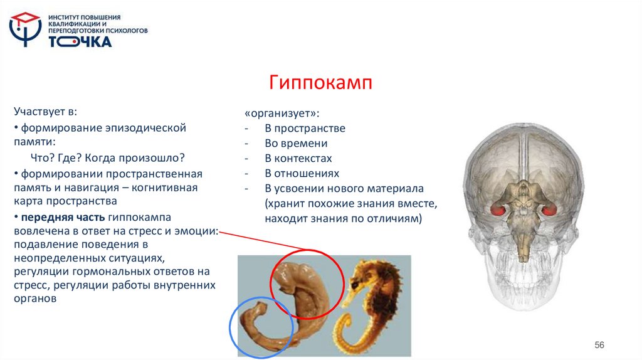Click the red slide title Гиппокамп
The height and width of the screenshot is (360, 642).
tap(321, 83)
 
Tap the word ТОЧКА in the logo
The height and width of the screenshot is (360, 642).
tap(80, 41)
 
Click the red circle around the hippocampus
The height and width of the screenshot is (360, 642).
tap(307, 282)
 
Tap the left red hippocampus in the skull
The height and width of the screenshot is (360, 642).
tap(500, 210)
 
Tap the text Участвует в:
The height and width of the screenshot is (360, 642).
tap(45, 112)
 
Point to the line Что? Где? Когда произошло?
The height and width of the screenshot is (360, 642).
tap(108, 157)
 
